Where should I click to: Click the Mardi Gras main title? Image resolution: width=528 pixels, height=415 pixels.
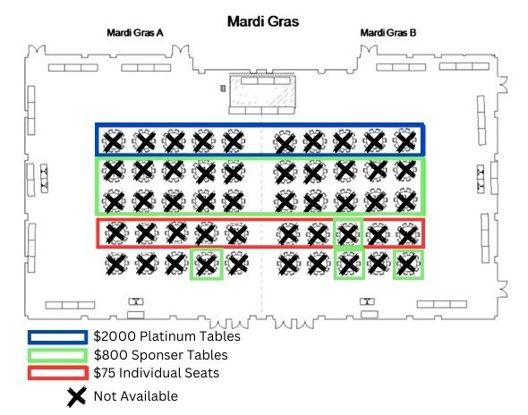(x=263, y=21)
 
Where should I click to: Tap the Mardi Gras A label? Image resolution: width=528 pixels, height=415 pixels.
(x=135, y=33)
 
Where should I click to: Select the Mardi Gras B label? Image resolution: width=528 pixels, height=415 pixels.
(x=388, y=33)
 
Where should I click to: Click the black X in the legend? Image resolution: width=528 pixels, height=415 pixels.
(x=76, y=397)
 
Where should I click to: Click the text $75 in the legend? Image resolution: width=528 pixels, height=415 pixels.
(x=105, y=373)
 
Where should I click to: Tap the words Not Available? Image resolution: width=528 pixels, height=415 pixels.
(x=136, y=396)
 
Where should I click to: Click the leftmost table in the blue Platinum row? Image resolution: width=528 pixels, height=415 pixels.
(x=114, y=141)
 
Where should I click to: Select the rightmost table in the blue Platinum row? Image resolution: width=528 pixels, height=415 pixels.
(x=405, y=140)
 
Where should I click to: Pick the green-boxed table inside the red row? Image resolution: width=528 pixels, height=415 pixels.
(x=348, y=233)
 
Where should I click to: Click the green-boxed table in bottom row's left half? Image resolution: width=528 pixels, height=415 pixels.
(x=207, y=264)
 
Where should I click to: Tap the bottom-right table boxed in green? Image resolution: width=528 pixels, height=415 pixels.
(x=408, y=264)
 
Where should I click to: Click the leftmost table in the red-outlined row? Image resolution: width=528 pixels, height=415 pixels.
(x=116, y=233)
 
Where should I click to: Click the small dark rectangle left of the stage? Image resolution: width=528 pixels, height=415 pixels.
(x=223, y=89)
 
